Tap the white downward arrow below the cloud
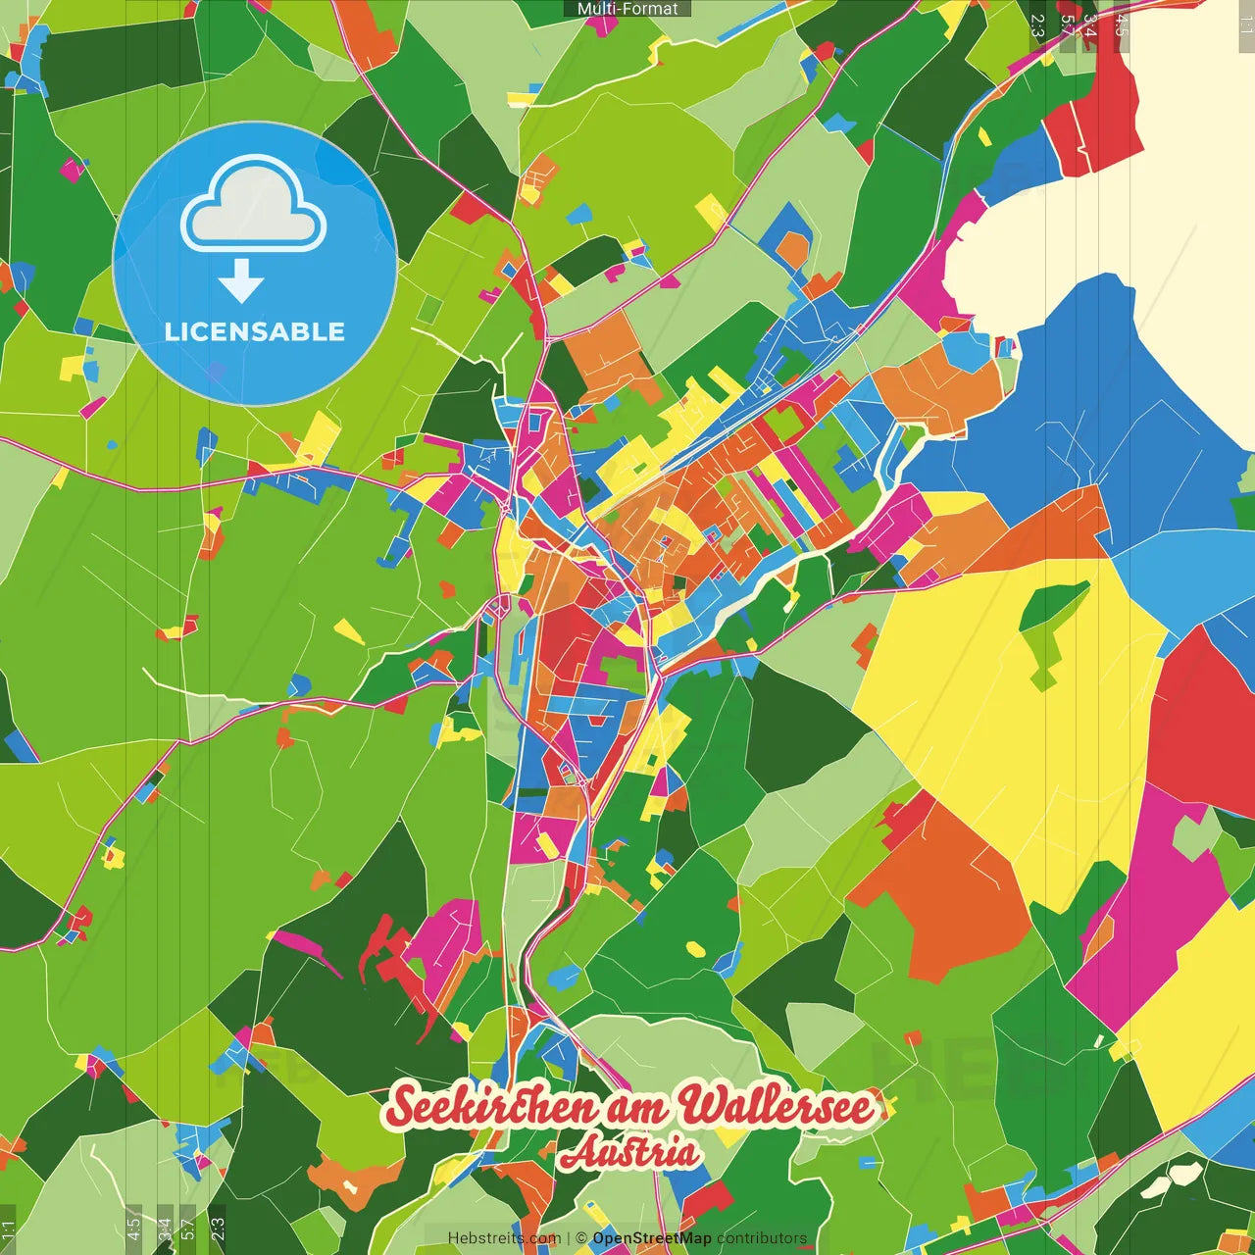pos(241,282)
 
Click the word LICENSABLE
pos(255,331)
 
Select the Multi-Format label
pos(627,8)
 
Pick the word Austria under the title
pos(630,1153)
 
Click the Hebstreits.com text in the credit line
pos(504,1238)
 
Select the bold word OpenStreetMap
pos(652,1238)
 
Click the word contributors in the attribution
pos(762,1238)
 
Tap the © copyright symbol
pos(581,1238)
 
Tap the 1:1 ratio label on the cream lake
pos(1246,25)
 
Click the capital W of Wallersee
pos(703,1105)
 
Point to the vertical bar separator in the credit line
pos(569,1238)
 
